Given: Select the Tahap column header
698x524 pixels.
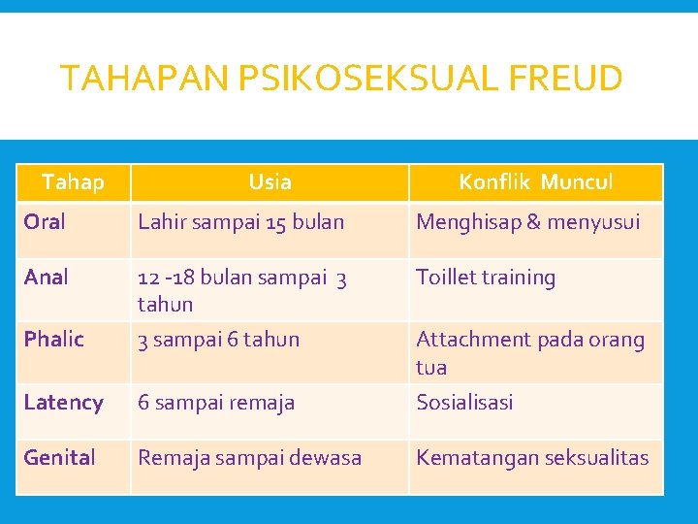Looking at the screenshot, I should [73, 181].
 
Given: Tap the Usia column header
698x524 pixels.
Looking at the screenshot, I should [270, 181].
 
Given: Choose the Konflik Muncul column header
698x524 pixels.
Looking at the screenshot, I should [535, 181].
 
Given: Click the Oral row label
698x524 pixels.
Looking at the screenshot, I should [45, 222].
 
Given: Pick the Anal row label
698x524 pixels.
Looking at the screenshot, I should [46, 278].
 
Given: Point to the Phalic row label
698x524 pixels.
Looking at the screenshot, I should [54, 340].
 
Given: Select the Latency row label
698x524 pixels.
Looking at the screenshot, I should [64, 403].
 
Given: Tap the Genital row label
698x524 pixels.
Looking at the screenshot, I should [60, 458].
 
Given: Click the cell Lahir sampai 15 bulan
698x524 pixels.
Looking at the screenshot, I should [240, 222].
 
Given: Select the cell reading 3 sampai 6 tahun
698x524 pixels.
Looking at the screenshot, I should [218, 340].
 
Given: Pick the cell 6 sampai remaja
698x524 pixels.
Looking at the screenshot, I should [216, 403].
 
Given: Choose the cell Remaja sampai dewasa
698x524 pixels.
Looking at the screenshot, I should [249, 458].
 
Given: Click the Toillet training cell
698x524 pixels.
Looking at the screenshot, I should [486, 278].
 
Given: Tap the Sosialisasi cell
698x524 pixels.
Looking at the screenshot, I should [464, 403].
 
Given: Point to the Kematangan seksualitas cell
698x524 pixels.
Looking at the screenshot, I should [532, 458].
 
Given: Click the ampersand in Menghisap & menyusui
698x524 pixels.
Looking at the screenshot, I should [533, 222].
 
